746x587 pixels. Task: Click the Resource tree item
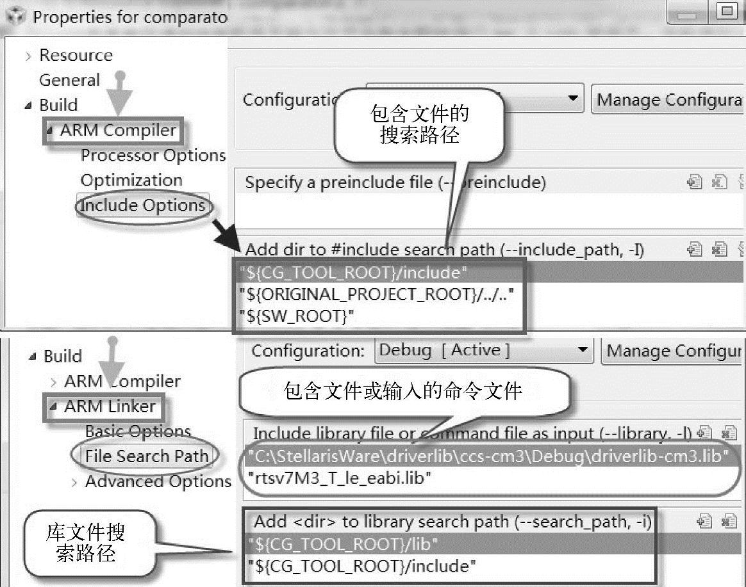click(x=76, y=56)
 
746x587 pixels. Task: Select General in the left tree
click(x=69, y=81)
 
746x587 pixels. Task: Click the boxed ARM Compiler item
click(x=117, y=131)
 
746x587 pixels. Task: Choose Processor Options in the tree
click(x=153, y=156)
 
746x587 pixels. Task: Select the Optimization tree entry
click(x=131, y=181)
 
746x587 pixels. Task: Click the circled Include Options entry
click(x=142, y=206)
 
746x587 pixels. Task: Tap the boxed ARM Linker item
click(x=110, y=406)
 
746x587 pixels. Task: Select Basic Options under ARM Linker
click(x=138, y=431)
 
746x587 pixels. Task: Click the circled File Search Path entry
click(x=147, y=456)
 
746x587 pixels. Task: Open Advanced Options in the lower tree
click(x=158, y=481)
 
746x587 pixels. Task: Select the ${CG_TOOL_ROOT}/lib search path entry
click(x=343, y=545)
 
